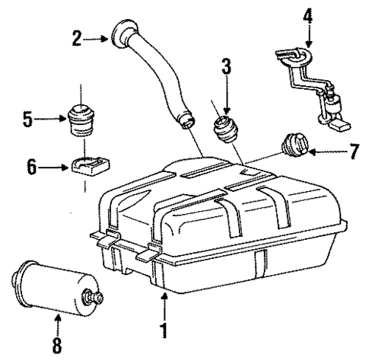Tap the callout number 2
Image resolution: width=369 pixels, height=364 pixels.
(x=77, y=37)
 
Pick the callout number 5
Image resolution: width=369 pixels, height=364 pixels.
(x=28, y=120)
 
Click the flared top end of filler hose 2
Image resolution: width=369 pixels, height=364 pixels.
(x=123, y=34)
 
